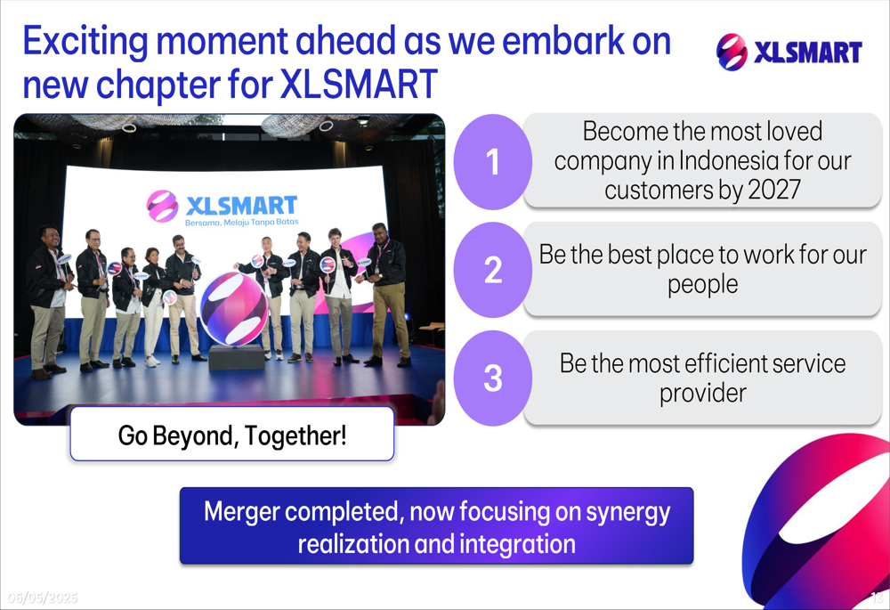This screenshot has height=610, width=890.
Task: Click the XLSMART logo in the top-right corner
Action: coord(789,52)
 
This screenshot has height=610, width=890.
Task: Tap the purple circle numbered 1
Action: coord(493,162)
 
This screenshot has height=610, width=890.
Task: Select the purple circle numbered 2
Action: coord(493,270)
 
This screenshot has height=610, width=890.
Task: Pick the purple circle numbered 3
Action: coord(493,378)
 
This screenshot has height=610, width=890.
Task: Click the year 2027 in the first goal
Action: coord(774,190)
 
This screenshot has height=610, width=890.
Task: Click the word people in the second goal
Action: coord(703,285)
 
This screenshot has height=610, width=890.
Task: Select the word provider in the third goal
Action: coord(703,394)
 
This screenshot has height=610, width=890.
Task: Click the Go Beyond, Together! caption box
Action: coord(231,434)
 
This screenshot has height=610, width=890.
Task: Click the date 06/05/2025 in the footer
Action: coord(43,598)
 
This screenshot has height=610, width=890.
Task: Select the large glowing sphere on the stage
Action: coord(233,308)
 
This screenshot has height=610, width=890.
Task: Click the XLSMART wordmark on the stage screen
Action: coord(241,205)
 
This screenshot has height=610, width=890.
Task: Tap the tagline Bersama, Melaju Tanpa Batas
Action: coord(242,222)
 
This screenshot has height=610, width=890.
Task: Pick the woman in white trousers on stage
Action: coord(152,306)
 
